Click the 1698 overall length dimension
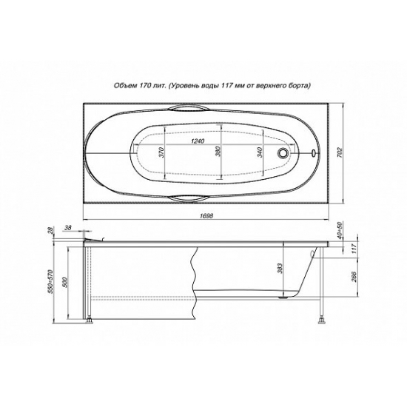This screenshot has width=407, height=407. tap(207, 215)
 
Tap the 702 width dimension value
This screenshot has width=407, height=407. tap(340, 153)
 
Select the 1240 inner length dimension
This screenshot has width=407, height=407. tap(198, 141)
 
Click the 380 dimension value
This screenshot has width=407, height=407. tap(218, 152)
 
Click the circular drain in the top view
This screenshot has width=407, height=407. tap(283, 152)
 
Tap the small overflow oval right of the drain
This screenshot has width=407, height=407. tap(314, 152)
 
